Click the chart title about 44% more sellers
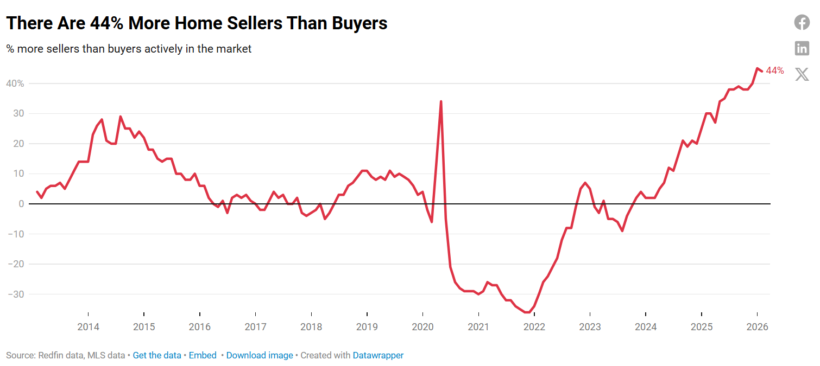(x=197, y=23)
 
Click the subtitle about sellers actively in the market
(x=129, y=49)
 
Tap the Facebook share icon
(x=802, y=22)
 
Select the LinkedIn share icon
(x=802, y=48)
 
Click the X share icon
(x=802, y=74)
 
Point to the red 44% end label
(x=775, y=70)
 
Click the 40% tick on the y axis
(x=15, y=84)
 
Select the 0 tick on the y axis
(x=21, y=204)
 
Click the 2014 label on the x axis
(x=88, y=327)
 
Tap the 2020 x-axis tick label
(x=422, y=327)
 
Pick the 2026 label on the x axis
(x=757, y=327)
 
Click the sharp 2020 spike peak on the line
(x=441, y=101)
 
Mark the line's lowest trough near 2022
(x=527, y=312)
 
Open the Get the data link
(x=157, y=356)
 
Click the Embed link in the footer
(x=203, y=356)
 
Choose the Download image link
(x=260, y=356)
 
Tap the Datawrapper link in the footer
(x=378, y=356)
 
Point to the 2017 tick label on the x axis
(x=255, y=327)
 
